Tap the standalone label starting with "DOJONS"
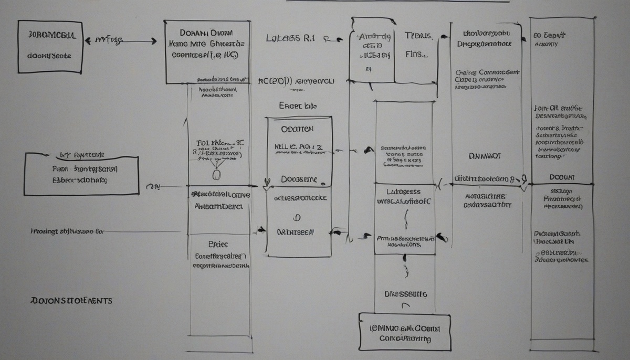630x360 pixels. coord(71,301)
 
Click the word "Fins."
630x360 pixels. coord(417,54)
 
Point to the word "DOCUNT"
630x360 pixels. coord(562,177)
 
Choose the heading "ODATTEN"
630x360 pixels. coord(297,129)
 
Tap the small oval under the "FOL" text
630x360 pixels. coord(217,174)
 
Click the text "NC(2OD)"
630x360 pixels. coord(274,82)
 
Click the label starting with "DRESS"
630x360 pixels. coord(406,294)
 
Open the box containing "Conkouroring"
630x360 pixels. coord(405,332)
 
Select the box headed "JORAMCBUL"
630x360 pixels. coord(50,47)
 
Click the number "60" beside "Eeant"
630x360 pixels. coord(538,35)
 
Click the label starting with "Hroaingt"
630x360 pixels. coord(67,230)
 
